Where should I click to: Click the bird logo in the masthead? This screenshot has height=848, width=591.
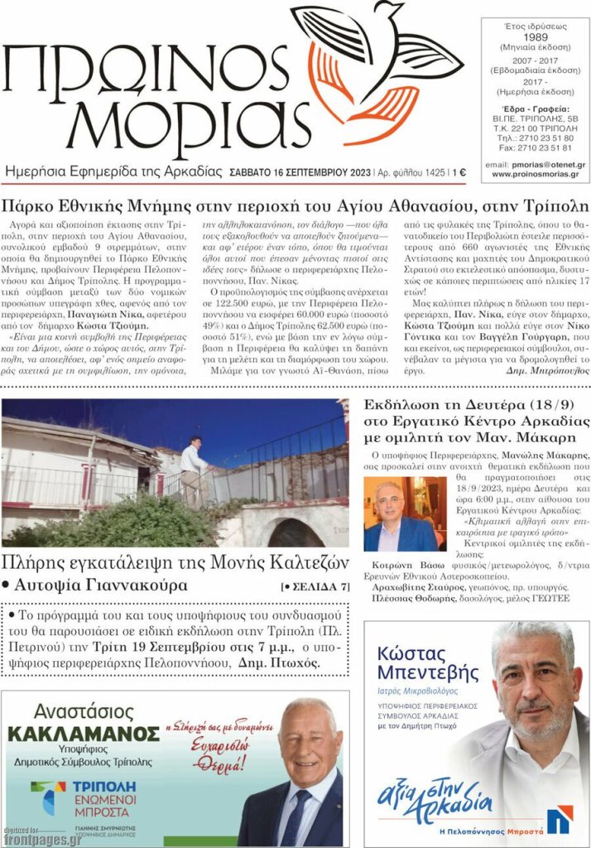[x=377, y=66]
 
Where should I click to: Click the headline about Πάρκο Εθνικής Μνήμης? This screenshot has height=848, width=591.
[x=295, y=205]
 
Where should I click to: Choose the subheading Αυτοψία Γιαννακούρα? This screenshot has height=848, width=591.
[x=99, y=586]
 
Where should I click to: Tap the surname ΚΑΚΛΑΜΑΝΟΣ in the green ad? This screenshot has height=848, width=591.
[x=83, y=735]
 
